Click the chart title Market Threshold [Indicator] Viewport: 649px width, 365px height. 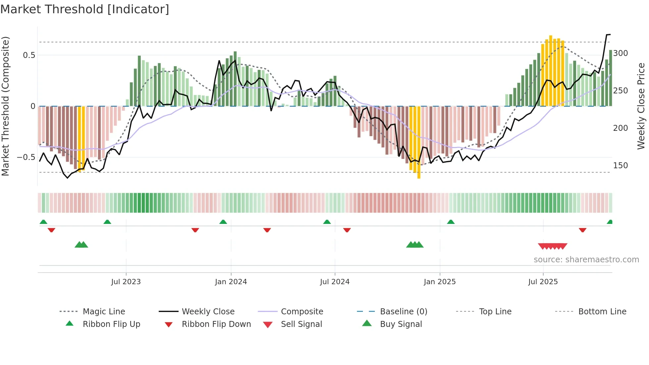(85, 9)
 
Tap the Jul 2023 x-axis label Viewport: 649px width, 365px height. (126, 282)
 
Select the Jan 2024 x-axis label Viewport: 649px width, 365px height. (231, 282)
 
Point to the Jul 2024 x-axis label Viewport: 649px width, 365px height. (334, 282)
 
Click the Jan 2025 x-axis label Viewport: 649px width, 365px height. (439, 282)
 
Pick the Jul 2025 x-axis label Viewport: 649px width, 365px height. (543, 282)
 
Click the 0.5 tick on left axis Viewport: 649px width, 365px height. (29, 55)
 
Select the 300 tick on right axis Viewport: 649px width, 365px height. (620, 53)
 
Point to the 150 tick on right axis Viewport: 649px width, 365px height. (620, 165)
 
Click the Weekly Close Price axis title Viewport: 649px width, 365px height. (641, 106)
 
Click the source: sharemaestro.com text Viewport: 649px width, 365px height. (586, 260)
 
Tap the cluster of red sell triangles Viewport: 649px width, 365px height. (552, 246)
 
